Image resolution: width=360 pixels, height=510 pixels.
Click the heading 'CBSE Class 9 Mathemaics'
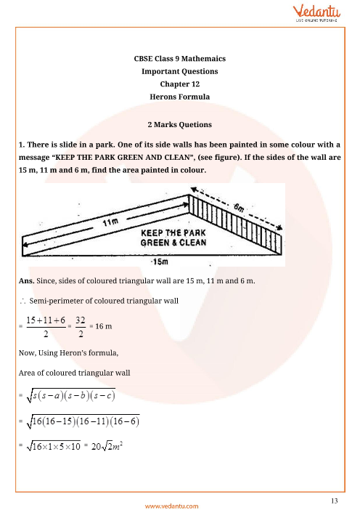[179, 60]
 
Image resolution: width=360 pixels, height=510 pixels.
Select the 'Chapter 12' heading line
[179, 84]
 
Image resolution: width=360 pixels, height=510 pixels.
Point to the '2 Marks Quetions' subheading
[179, 124]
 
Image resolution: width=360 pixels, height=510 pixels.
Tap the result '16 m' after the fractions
[107, 327]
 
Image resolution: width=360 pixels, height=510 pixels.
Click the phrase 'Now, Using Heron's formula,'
[63, 352]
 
